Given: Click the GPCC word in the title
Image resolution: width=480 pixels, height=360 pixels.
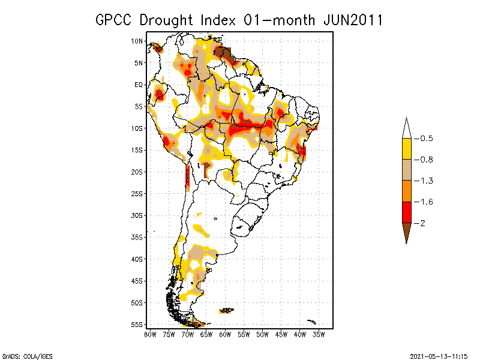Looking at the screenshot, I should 114,20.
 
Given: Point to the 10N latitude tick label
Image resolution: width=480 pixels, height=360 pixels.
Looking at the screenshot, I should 137,41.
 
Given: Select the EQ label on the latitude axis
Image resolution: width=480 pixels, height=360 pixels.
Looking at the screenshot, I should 139,85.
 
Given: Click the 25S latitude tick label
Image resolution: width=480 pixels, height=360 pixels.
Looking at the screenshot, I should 137,193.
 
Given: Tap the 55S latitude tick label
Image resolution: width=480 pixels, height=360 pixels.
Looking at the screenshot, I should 137,324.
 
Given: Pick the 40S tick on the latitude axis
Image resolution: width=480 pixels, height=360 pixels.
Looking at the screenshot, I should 137,259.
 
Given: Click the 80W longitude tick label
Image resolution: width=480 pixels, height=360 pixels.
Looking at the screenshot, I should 150,333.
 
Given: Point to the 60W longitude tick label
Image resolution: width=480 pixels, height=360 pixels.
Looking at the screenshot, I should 225,333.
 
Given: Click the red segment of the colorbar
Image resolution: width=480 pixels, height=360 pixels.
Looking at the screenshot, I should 406,212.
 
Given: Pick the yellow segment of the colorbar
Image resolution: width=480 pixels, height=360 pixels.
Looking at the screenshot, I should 406,149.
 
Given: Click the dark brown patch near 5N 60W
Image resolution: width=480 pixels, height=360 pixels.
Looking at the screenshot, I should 229,56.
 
